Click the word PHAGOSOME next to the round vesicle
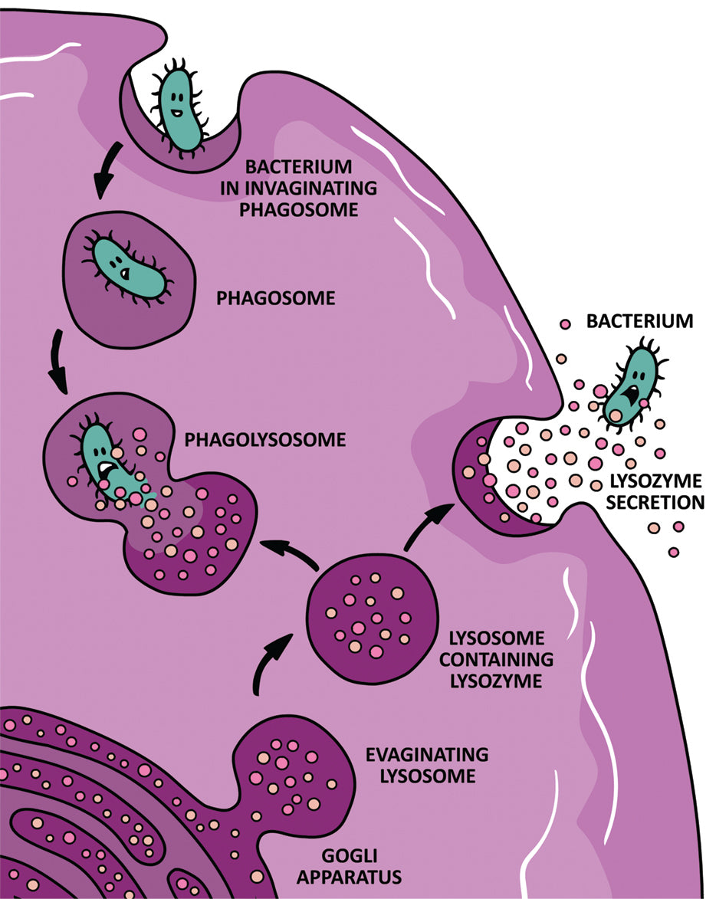click(275, 297)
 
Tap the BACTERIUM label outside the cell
click(639, 320)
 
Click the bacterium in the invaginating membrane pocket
click(179, 107)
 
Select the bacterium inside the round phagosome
click(130, 270)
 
